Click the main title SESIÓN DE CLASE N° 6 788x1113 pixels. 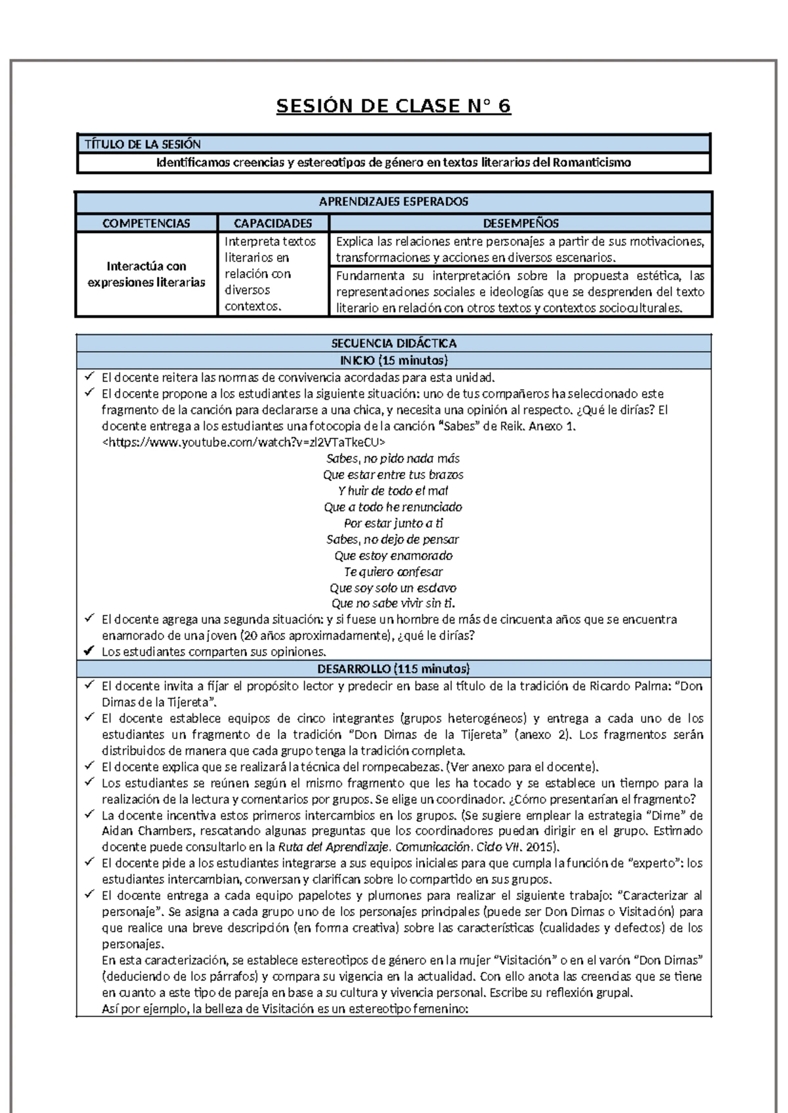click(393, 106)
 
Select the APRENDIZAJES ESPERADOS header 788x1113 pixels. click(393, 201)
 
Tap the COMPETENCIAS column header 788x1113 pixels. click(146, 223)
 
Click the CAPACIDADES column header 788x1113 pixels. click(273, 223)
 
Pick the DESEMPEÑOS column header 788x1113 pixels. click(521, 223)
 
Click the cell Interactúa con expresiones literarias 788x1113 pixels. click(146, 274)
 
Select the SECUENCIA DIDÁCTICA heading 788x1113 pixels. click(393, 343)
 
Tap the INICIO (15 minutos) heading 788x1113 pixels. click(393, 360)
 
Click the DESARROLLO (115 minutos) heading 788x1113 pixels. click(393, 669)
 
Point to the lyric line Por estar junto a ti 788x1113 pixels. click(393, 523)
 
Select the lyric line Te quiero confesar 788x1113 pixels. click(393, 572)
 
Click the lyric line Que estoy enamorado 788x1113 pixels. click(393, 555)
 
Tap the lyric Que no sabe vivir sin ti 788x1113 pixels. click(393, 604)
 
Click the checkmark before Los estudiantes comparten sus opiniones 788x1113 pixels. click(89, 652)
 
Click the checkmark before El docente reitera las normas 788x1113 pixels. click(89, 377)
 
